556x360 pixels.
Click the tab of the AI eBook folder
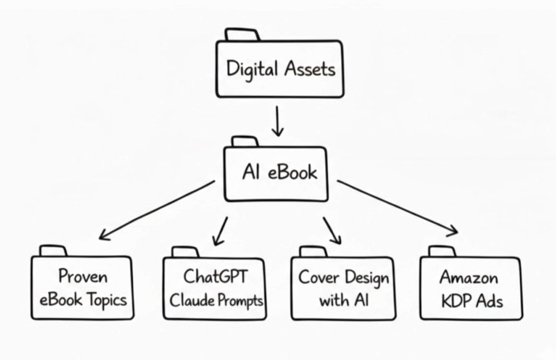(245, 141)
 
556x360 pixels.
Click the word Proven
(82, 277)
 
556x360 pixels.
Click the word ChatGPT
(215, 277)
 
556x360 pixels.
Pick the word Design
(366, 277)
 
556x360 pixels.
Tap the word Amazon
(469, 277)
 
